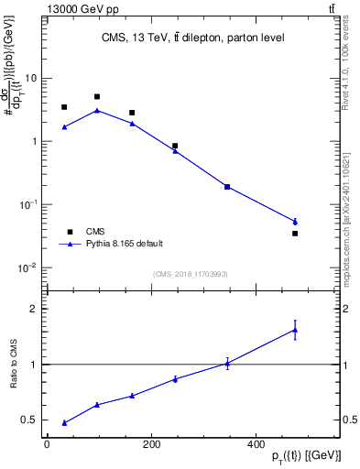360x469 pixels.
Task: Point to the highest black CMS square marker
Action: pos(97,96)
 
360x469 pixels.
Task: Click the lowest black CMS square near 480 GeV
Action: pos(295,234)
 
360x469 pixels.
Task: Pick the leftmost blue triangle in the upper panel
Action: pos(64,126)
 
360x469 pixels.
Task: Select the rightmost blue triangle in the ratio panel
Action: pos(295,330)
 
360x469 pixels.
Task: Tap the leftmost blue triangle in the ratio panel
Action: pos(64,422)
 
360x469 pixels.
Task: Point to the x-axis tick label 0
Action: pos(47,444)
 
